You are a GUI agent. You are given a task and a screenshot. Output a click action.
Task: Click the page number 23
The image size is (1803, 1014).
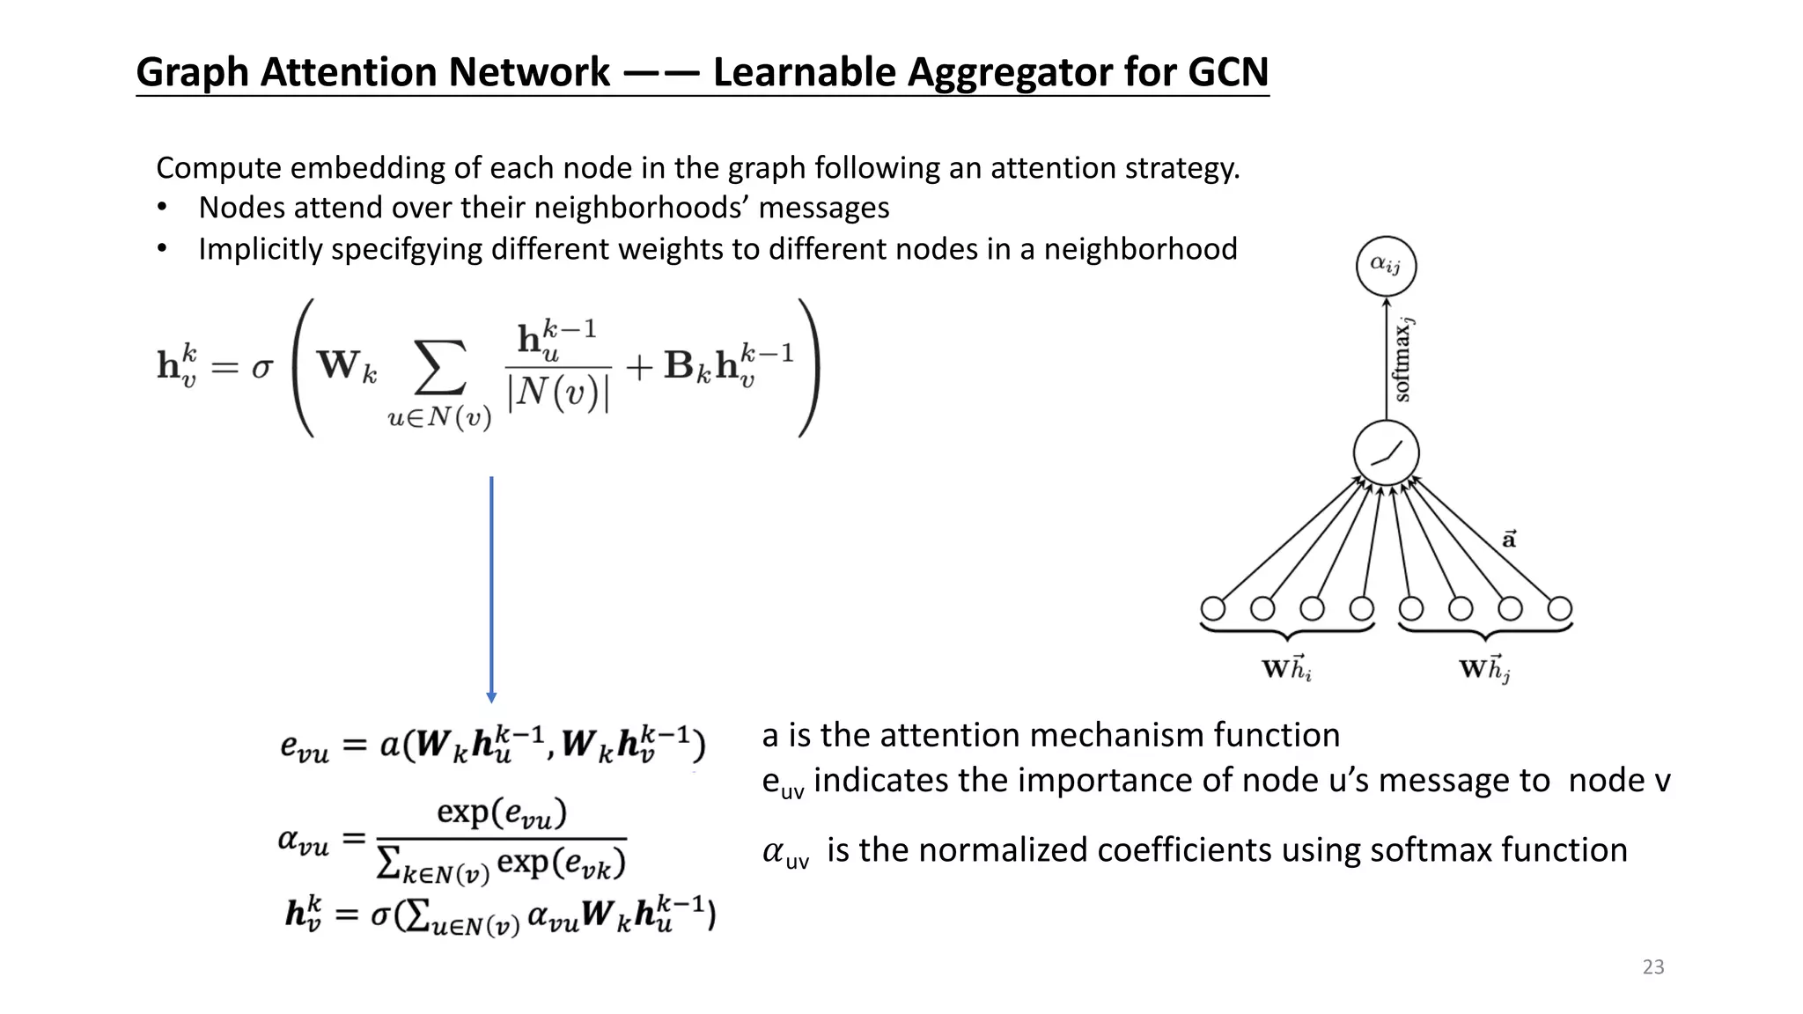point(1653,966)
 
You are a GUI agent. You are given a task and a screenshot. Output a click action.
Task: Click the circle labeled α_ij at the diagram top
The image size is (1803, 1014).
point(1386,265)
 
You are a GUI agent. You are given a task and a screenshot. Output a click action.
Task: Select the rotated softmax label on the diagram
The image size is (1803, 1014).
point(1402,359)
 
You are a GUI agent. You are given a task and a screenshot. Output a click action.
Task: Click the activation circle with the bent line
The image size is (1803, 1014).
point(1386,453)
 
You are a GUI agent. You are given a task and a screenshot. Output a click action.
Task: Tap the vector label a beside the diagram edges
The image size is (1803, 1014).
point(1509,538)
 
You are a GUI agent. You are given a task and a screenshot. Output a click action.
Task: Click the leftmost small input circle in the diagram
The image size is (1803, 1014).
point(1213,608)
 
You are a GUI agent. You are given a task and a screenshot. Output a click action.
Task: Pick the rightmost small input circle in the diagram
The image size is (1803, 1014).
point(1560,608)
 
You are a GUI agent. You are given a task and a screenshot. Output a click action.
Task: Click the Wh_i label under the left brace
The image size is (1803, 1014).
point(1287,669)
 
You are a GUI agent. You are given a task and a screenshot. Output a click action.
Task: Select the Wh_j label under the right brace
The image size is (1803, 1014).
point(1485,669)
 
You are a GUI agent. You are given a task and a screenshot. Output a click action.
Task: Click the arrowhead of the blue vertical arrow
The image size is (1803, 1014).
point(491,697)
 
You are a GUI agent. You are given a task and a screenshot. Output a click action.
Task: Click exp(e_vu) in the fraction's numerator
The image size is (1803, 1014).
point(501,812)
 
